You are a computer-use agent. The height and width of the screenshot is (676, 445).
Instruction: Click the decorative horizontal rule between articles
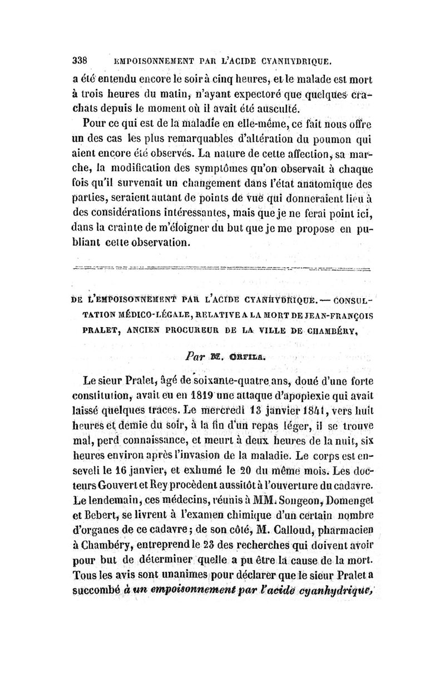pyautogui.click(x=222, y=268)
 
